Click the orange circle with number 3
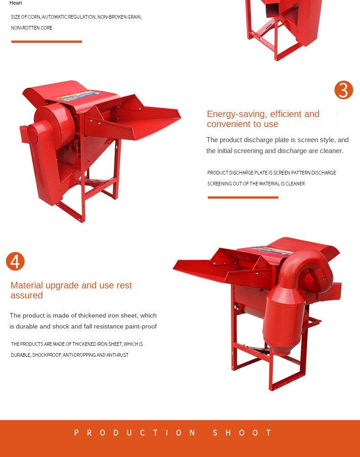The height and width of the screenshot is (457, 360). (344, 90)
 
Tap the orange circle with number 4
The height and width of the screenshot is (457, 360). (15, 262)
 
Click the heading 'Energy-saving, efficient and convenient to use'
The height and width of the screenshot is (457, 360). (263, 119)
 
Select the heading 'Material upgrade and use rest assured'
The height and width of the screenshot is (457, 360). (71, 290)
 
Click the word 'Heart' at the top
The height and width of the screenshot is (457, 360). (15, 3)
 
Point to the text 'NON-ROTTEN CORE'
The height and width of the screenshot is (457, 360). (31, 28)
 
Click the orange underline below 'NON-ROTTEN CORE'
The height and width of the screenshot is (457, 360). (46, 41)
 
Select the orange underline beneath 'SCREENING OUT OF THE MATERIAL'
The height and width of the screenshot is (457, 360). (243, 197)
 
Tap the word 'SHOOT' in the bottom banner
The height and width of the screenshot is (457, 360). (242, 433)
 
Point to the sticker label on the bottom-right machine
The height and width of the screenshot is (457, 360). (272, 250)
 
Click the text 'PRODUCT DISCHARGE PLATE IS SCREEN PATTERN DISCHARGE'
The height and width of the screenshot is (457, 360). (272, 173)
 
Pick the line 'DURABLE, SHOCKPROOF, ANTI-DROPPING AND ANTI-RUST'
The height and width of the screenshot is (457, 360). (70, 355)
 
